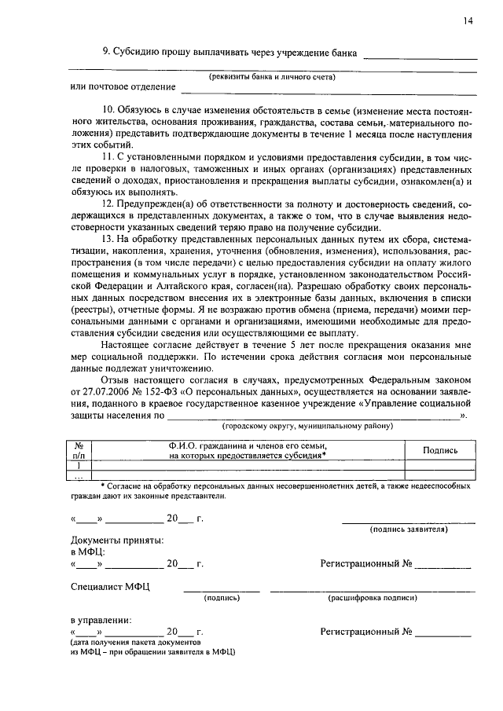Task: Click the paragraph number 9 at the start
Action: click(105, 53)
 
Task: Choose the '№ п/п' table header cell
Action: click(79, 449)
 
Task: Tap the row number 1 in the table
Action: click(79, 465)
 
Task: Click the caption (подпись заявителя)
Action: click(409, 530)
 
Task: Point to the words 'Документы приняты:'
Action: click(118, 541)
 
